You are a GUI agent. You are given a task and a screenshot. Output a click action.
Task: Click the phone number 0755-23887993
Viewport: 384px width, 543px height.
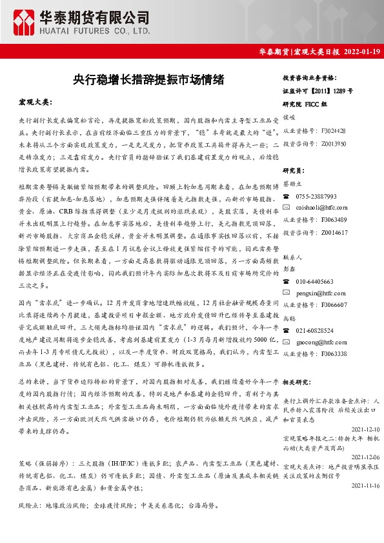[x=316, y=196]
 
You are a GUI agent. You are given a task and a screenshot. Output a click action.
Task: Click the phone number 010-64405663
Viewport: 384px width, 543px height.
[x=314, y=282]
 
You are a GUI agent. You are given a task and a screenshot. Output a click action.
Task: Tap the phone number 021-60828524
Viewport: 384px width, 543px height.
[x=314, y=330]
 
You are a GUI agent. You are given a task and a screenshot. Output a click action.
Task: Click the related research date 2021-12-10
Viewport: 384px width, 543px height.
[x=365, y=429]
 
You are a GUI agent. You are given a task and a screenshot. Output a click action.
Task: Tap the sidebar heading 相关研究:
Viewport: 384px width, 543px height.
[x=298, y=382]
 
